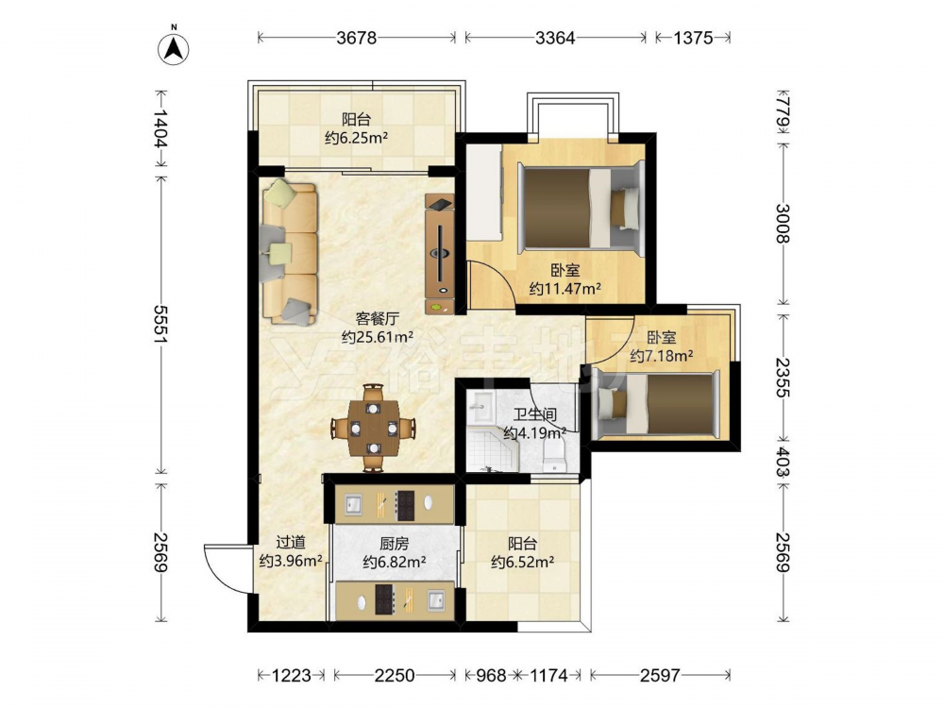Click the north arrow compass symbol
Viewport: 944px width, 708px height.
pos(174,48)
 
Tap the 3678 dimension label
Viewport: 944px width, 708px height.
pos(357,38)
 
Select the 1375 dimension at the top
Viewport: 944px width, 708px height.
pos(693,38)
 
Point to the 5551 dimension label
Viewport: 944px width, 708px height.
pos(160,325)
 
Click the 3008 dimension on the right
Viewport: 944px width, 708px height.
pos(783,224)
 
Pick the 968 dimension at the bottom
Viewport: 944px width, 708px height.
pos(491,676)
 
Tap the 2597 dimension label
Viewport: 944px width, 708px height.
pos(660,676)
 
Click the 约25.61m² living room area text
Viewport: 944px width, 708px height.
pos(378,337)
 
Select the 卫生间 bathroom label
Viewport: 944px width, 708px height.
pos(534,414)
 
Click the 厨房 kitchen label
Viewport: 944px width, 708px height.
pos(395,544)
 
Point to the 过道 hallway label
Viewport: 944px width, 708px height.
pos(291,543)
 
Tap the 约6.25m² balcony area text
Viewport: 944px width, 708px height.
pos(357,138)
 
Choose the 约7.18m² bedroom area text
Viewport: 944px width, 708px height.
pos(661,356)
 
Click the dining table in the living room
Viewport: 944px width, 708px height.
pos(374,428)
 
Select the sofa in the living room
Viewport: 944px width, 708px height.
pos(290,252)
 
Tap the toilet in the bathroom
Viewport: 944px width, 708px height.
pos(554,455)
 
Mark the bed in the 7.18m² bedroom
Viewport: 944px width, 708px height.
pos(656,404)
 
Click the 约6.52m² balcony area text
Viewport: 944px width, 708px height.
pos(523,563)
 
